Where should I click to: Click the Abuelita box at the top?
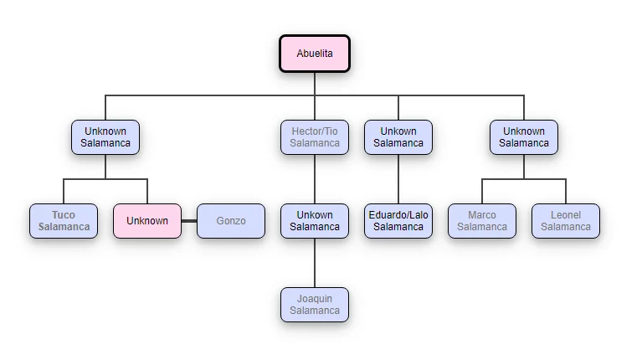tap(315, 54)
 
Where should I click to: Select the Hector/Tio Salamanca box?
tap(315, 137)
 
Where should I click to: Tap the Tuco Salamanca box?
tap(64, 221)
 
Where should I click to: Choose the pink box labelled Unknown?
tap(147, 221)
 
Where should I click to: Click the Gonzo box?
tap(231, 221)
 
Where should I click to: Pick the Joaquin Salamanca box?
tap(315, 305)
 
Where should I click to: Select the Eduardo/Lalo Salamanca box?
tap(398, 221)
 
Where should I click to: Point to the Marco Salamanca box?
tap(482, 221)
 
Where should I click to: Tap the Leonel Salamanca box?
tap(566, 221)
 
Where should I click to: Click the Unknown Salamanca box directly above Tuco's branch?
tap(105, 137)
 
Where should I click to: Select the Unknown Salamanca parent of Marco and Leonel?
tap(524, 137)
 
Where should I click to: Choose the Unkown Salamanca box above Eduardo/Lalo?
tap(398, 137)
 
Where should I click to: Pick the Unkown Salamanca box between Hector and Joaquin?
tap(315, 221)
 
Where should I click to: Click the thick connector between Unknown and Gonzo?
tap(189, 221)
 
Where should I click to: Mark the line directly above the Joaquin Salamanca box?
tap(315, 263)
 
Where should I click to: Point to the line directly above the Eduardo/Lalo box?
tap(398, 179)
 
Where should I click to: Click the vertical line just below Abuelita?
tap(315, 83)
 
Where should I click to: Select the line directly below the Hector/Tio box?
tap(315, 179)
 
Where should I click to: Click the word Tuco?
tap(64, 215)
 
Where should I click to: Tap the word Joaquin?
tap(315, 299)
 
